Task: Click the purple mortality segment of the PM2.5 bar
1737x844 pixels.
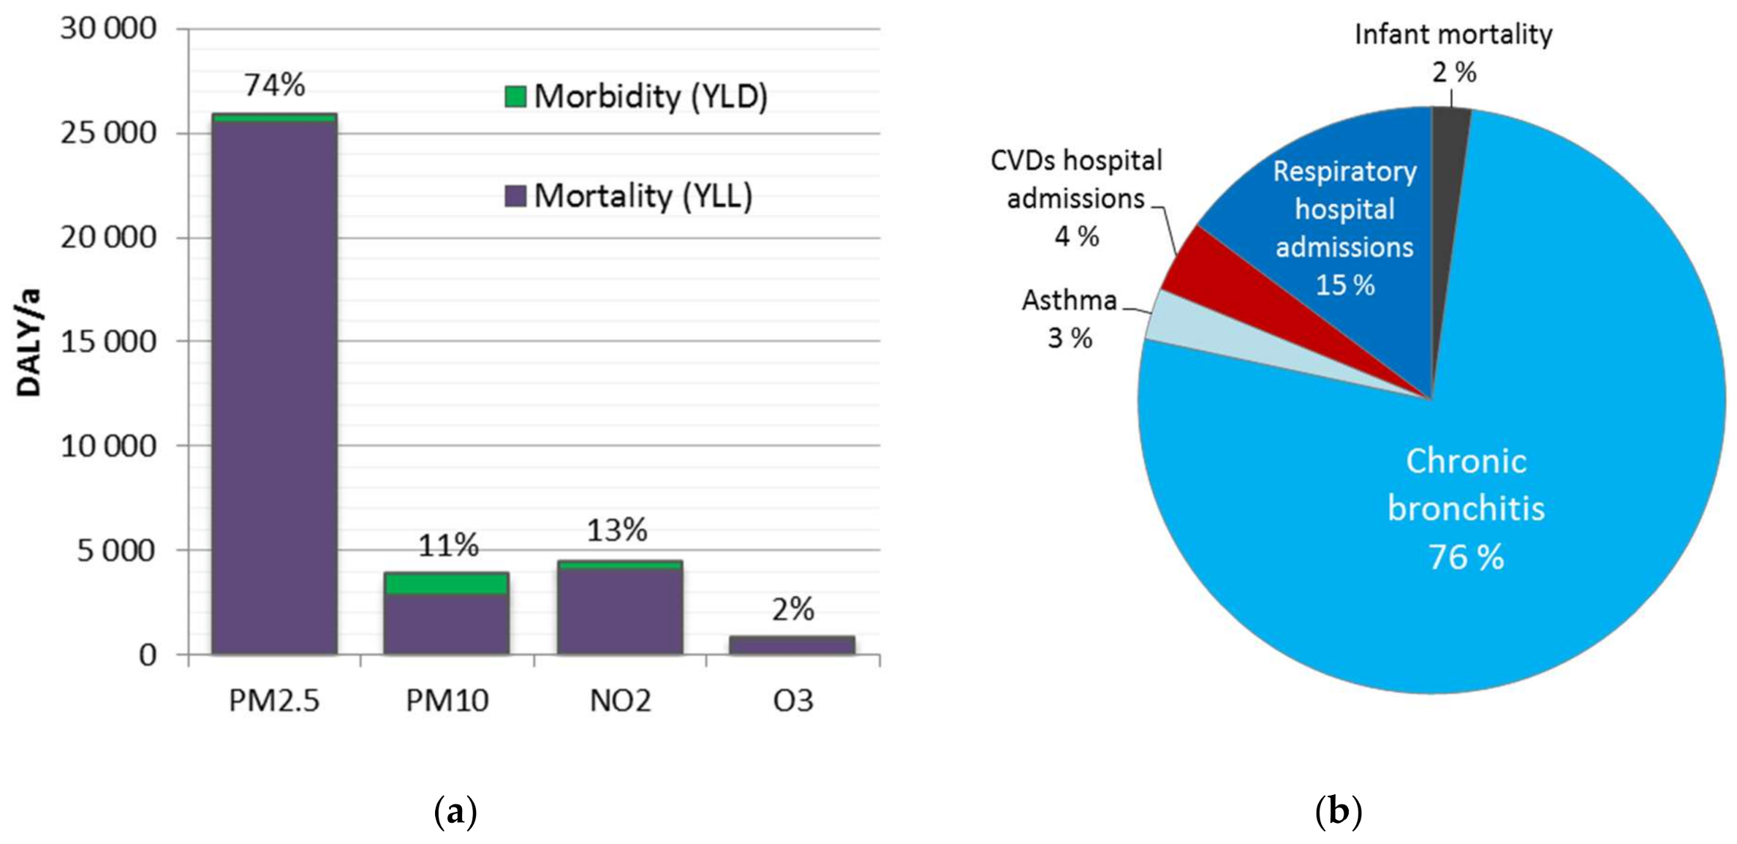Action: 274,388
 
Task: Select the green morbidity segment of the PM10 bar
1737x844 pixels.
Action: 446,584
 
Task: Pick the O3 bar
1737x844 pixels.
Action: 792,645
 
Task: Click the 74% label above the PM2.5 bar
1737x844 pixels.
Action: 274,85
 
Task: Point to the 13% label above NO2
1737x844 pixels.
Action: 617,530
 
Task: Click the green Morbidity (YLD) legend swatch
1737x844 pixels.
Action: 515,97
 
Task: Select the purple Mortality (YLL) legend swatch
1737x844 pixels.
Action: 515,195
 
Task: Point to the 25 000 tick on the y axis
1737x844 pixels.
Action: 108,133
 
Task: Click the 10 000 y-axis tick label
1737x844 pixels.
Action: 108,445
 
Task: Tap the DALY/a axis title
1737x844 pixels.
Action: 29,342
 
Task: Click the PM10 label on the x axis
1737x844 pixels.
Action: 447,701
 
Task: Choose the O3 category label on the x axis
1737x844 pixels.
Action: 792,701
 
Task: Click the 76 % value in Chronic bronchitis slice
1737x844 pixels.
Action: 1466,557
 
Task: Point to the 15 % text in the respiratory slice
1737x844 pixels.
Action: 1344,285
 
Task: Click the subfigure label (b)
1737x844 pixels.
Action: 1338,811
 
